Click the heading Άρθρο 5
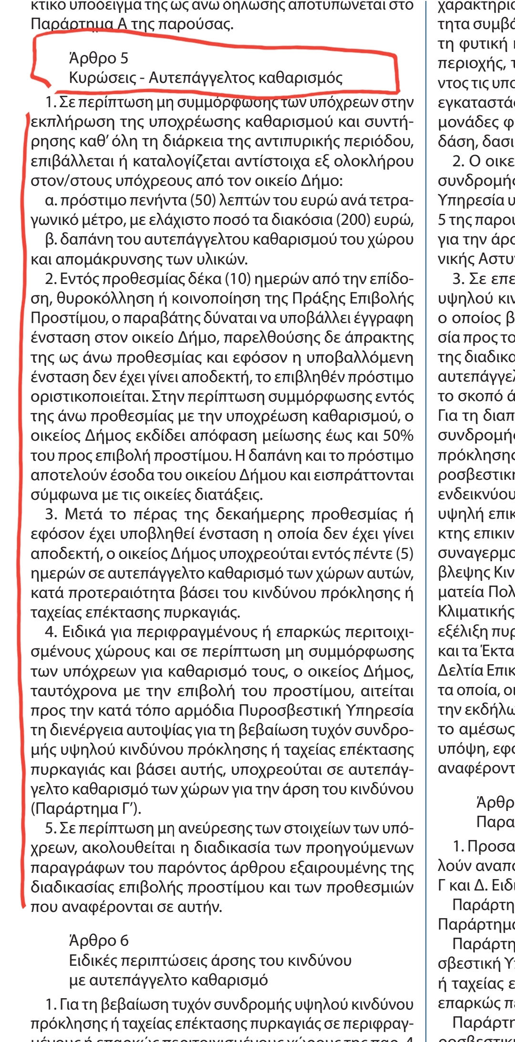point(99,58)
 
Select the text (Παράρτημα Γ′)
point(86,809)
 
